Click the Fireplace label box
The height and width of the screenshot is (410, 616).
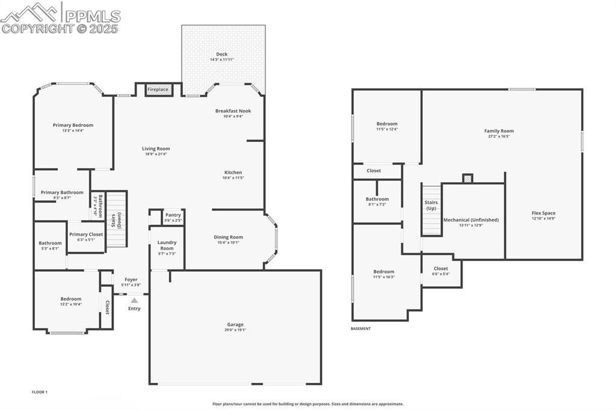click(159, 90)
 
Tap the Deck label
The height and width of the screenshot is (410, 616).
click(222, 54)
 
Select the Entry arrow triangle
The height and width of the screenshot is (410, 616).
click(134, 300)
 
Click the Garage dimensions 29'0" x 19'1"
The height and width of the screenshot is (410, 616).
click(235, 330)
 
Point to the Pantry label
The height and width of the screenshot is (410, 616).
click(173, 215)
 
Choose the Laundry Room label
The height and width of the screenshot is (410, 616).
click(167, 245)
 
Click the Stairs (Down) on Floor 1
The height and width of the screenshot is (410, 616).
click(119, 219)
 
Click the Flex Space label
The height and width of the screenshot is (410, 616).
click(543, 213)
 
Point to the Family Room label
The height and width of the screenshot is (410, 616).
click(499, 130)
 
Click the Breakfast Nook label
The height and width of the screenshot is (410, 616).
click(233, 111)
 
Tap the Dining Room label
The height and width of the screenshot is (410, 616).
click(229, 237)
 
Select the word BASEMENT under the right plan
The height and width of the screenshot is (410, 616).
click(361, 329)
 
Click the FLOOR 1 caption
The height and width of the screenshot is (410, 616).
click(40, 392)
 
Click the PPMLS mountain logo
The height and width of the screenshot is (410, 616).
click(30, 13)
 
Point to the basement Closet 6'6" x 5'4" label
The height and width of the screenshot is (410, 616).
click(441, 269)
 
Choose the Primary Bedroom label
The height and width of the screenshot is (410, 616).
click(73, 125)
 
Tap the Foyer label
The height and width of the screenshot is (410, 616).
click(131, 280)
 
